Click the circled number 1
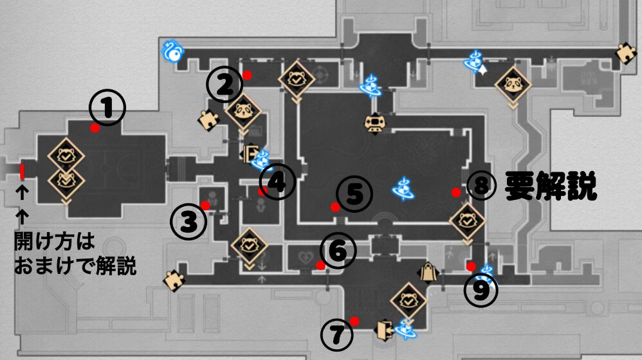coord(106,107)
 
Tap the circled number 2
coord(224,85)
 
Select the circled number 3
coord(188,222)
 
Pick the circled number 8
coord(482,186)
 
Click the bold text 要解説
coord(551,186)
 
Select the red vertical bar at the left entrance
coord(22,172)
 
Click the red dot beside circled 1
coord(95,128)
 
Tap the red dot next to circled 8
coord(455,192)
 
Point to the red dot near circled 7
coord(354,321)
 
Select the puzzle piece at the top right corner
coord(625,54)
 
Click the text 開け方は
coord(55,242)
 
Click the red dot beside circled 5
coord(335,206)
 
